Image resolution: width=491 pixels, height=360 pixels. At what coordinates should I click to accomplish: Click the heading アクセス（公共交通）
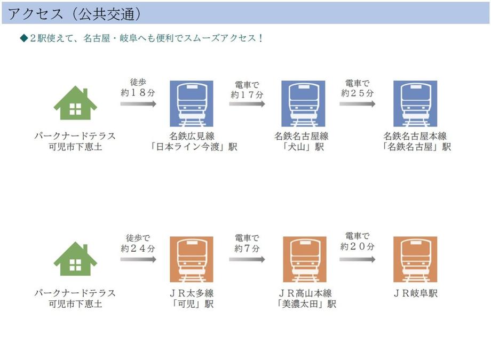75,14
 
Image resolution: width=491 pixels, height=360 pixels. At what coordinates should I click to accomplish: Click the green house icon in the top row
75,103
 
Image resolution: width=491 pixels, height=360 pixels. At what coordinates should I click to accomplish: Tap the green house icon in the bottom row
75,259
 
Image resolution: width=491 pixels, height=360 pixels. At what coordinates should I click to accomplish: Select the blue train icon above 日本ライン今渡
191,103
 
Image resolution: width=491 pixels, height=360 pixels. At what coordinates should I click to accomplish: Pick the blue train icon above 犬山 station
303,103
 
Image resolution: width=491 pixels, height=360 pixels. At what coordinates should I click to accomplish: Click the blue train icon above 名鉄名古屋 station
415,103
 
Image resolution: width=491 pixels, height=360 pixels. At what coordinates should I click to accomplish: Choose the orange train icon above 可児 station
191,260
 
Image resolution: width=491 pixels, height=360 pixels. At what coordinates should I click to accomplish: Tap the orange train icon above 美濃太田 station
304,260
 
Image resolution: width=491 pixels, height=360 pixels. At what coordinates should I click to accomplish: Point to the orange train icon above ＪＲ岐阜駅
415,260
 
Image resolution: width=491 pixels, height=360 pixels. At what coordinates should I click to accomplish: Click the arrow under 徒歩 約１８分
138,104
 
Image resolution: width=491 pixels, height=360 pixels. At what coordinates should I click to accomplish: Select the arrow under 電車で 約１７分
247,104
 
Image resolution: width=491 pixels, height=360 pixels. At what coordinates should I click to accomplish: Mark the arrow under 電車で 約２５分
357,104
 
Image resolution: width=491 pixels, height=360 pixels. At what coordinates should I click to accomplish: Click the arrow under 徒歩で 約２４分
138,259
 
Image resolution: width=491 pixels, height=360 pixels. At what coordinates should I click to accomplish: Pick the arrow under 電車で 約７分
247,259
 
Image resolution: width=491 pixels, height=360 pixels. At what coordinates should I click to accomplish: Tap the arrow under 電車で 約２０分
357,259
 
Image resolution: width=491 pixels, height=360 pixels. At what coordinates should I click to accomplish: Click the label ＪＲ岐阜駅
415,293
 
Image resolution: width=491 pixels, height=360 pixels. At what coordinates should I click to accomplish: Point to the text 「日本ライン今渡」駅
193,147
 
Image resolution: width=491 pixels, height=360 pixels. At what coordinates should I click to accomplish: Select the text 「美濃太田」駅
306,304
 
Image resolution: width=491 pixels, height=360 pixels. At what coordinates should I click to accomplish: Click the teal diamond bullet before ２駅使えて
24,38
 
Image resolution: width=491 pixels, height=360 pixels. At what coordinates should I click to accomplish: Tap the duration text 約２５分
357,93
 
